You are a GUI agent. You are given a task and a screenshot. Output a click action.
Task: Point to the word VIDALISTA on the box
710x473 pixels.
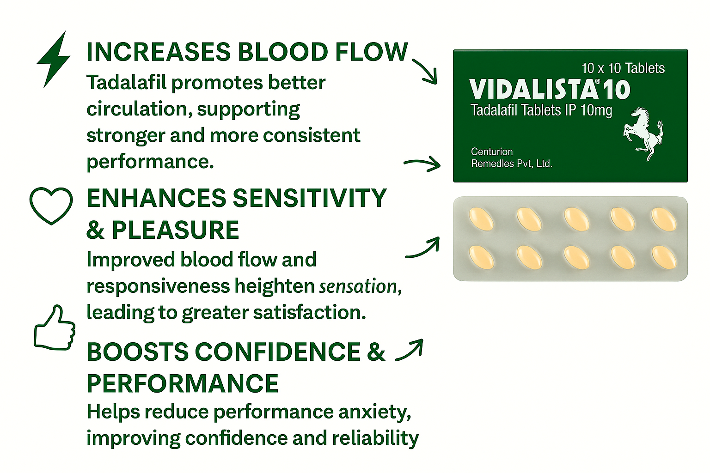coord(532,90)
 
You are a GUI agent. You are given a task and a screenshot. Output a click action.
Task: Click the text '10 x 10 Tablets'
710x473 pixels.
coord(623,68)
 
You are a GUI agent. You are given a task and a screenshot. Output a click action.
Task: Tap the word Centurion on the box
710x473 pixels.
coord(492,152)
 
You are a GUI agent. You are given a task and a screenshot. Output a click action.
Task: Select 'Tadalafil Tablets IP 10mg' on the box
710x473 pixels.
coord(541,110)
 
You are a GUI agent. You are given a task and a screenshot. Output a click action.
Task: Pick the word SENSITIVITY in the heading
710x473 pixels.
coord(310,198)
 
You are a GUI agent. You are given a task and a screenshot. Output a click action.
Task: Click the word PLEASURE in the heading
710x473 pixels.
coord(175,230)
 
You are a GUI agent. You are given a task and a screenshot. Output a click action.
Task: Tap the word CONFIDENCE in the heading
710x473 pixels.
coord(278,352)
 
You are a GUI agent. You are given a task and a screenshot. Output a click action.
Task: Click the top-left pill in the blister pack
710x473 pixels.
coord(481,219)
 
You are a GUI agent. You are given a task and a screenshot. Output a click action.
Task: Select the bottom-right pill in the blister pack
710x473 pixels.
coord(664,258)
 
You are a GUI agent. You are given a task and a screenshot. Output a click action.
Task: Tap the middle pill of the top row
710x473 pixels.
coord(577,219)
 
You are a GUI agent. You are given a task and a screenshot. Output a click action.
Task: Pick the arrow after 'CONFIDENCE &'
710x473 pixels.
coord(410,351)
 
